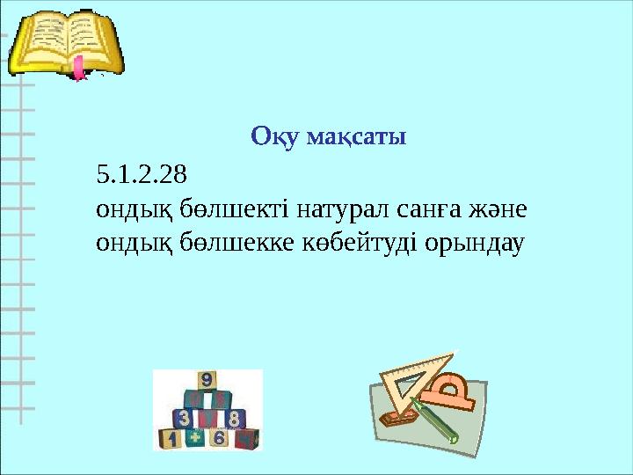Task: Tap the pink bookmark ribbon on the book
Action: (x=80, y=68)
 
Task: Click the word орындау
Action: (x=475, y=241)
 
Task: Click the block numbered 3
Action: (x=184, y=418)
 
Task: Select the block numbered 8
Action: (x=233, y=418)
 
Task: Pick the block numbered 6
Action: (x=220, y=438)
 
